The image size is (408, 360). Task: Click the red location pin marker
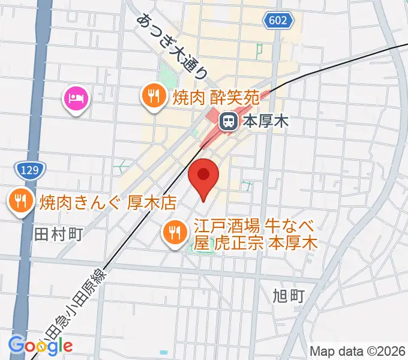(x=204, y=176)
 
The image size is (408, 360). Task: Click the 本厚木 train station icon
(x=229, y=122)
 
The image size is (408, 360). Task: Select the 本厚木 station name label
(x=265, y=122)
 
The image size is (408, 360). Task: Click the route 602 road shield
(x=278, y=22)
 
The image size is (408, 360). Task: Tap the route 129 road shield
(x=29, y=170)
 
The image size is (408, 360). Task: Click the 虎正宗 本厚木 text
(x=260, y=243)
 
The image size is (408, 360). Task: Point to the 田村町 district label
(x=58, y=233)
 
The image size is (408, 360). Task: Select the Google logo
(x=40, y=345)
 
